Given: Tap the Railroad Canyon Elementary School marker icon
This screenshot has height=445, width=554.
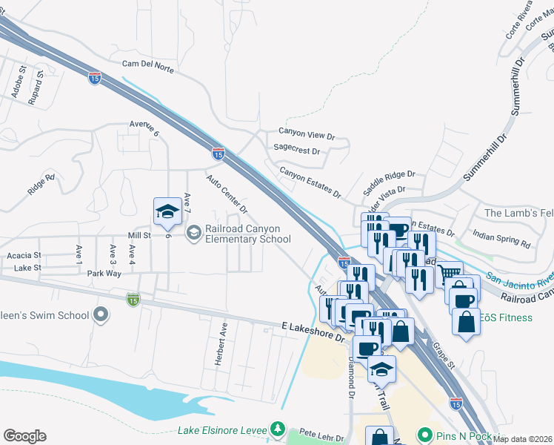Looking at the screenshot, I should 193,234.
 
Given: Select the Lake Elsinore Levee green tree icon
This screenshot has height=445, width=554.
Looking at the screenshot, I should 278,429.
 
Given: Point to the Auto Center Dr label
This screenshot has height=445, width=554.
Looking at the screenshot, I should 227,195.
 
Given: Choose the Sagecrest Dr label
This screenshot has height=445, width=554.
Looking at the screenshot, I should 296,150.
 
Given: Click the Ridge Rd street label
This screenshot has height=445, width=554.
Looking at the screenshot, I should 41,184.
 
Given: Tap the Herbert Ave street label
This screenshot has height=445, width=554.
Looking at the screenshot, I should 220,342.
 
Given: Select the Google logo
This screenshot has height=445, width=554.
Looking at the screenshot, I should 24,436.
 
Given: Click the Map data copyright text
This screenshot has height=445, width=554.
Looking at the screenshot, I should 522,439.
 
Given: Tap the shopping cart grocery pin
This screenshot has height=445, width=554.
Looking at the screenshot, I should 449,274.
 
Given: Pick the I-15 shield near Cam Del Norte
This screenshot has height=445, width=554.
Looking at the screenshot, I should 94,78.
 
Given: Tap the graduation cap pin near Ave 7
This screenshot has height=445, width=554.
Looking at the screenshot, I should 167,212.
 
